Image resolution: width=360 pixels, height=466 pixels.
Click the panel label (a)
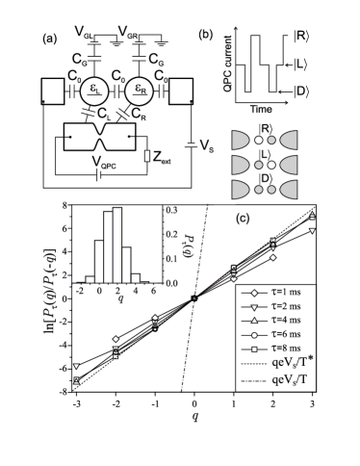tap(50, 39)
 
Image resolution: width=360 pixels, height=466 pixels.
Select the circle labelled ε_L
tap(94, 91)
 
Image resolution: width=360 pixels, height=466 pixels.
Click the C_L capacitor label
tap(104, 115)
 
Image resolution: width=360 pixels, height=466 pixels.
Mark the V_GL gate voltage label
tap(84, 32)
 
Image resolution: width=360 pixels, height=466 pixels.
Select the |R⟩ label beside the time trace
tap(299, 36)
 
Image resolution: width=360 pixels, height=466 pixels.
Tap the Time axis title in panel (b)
tap(261, 109)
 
